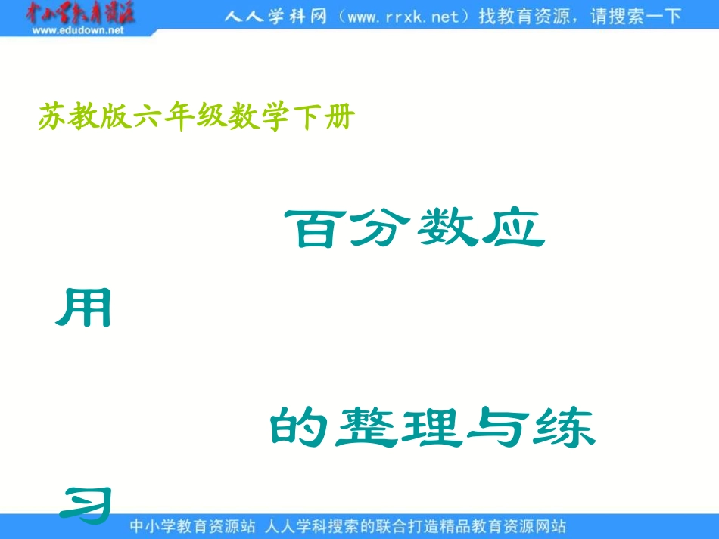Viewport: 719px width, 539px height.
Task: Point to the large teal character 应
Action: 514,228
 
